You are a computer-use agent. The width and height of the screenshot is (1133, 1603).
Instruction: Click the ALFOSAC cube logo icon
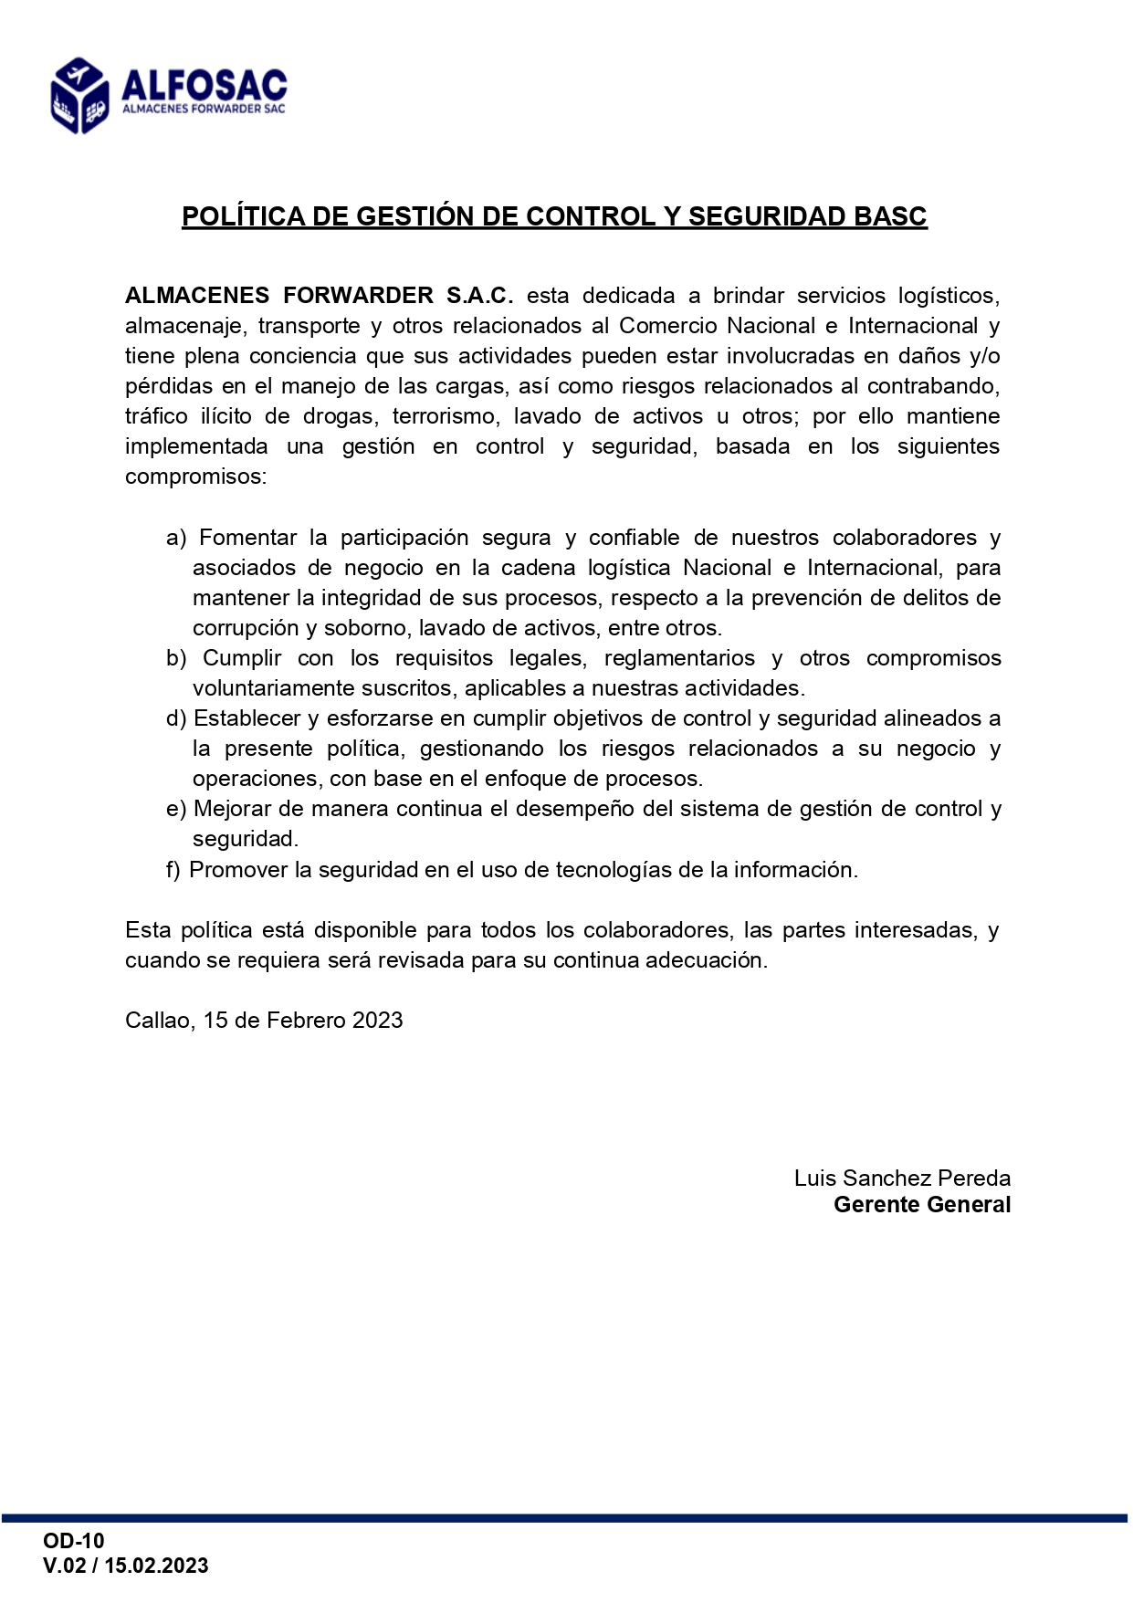80,95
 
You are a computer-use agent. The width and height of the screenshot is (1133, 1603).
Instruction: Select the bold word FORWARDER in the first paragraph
358,296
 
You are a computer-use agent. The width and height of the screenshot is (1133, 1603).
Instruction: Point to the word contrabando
932,386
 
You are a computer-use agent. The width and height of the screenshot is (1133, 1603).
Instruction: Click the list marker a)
176,538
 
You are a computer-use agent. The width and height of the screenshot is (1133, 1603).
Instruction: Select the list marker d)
176,718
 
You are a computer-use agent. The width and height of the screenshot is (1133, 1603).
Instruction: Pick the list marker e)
176,809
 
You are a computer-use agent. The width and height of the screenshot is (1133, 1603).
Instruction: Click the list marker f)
173,870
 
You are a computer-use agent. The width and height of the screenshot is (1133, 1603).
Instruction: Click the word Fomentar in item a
247,538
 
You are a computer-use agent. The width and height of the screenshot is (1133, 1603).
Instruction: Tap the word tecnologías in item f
614,870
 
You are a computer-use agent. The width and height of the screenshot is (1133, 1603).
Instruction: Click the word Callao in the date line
159,1021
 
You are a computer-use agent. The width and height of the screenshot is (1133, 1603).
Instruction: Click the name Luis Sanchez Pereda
902,1179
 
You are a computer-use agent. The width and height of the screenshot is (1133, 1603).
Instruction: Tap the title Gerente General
922,1205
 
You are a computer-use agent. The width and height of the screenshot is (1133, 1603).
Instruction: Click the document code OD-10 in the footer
74,1541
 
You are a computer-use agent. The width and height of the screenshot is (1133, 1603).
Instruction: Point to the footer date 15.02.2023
156,1566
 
